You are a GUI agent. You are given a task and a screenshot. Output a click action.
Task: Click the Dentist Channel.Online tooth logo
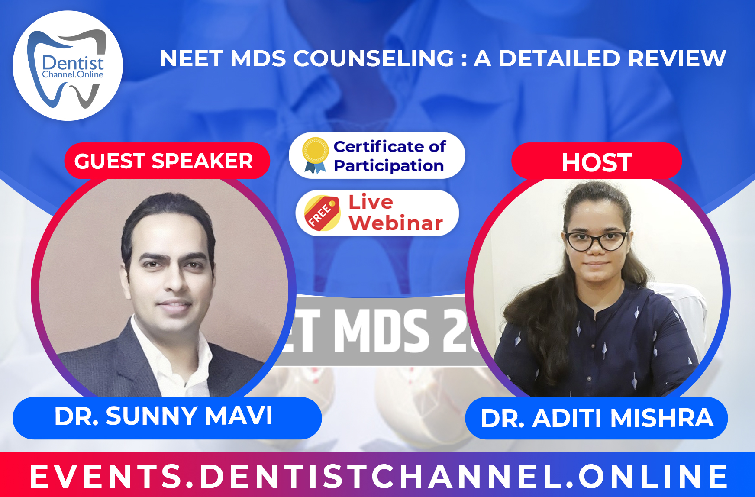coord(68,66)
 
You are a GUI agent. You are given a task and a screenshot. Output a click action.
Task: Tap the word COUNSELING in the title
coord(374,58)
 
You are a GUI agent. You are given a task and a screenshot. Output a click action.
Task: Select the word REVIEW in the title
coord(677,58)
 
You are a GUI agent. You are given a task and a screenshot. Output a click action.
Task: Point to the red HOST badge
coord(597,162)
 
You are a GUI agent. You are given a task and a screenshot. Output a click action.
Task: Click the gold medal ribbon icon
coord(315,155)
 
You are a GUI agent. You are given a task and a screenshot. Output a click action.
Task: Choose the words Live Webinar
coord(395,213)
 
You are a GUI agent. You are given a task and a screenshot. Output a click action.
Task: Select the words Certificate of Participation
coord(389,156)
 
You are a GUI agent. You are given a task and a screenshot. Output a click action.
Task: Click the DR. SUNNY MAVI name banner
coord(166,416)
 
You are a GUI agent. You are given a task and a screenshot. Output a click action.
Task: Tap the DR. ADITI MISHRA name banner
coord(597,418)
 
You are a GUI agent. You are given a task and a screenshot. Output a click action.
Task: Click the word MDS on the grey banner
coord(381,331)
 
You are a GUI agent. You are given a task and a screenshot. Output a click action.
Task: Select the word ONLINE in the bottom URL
coord(654,476)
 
